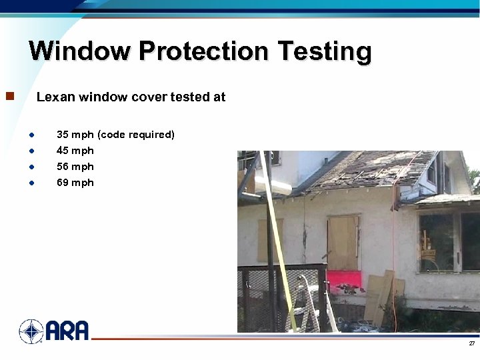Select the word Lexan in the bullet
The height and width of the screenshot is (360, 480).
click(55, 97)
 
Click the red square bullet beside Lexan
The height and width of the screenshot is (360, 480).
click(9, 97)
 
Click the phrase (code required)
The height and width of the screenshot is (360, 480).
click(136, 135)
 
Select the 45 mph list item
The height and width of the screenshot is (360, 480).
click(75, 151)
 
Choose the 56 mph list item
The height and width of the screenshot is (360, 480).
click(75, 167)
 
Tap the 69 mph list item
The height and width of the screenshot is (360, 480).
click(75, 183)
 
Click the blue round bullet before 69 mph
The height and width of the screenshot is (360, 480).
click(32, 183)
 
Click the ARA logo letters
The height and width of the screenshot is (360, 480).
click(67, 331)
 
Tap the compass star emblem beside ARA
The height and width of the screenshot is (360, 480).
click(31, 331)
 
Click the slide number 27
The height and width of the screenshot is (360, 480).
click(471, 343)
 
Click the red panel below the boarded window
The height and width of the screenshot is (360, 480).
click(344, 281)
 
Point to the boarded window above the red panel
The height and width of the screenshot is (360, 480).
click(343, 242)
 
